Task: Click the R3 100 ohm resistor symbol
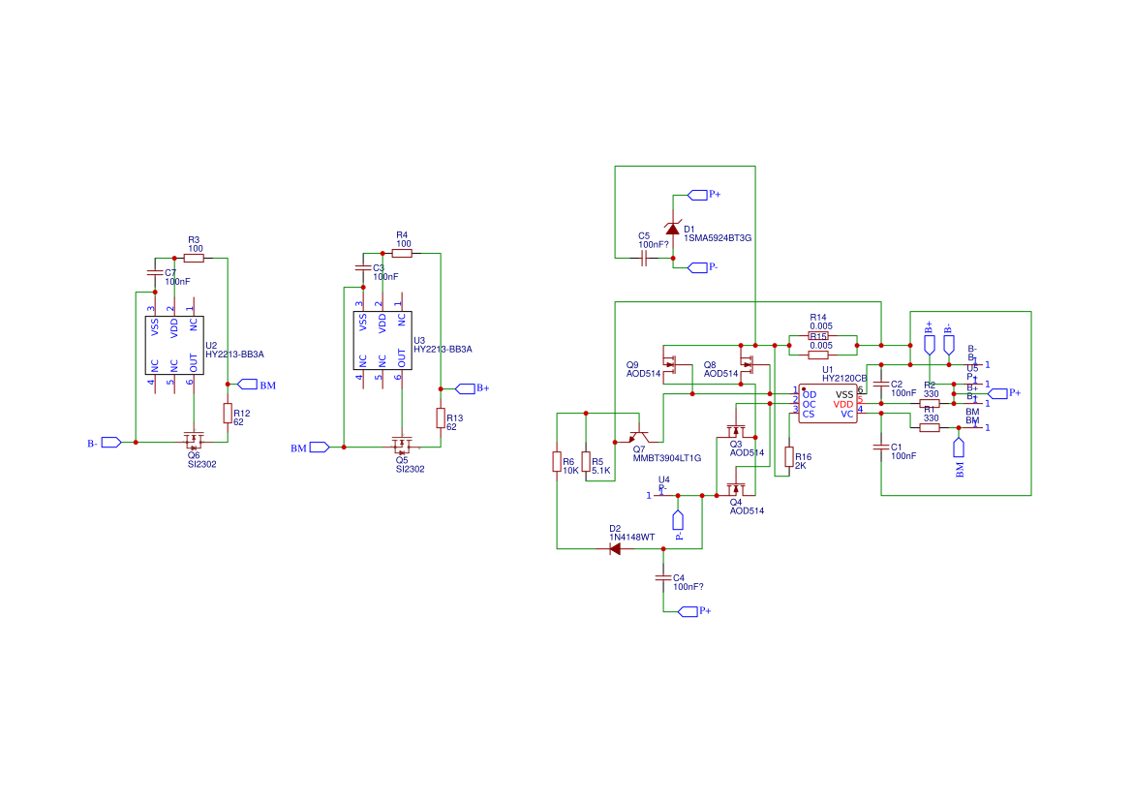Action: coord(194,259)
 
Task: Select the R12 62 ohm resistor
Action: coord(228,414)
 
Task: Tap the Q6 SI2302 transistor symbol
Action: coord(194,441)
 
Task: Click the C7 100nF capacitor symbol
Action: coord(154,274)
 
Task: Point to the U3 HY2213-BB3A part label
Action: coord(443,349)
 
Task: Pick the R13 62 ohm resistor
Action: coord(441,417)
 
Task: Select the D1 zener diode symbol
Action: coord(673,228)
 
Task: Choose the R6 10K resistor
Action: coord(557,462)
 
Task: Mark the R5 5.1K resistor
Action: coord(586,462)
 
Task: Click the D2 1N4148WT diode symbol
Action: coord(615,549)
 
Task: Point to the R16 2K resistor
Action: coord(788,457)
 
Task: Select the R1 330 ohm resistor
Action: coord(930,427)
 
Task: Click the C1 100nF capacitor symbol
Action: coord(881,447)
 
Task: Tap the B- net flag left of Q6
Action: coord(111,443)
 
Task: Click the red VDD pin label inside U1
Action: coord(843,405)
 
